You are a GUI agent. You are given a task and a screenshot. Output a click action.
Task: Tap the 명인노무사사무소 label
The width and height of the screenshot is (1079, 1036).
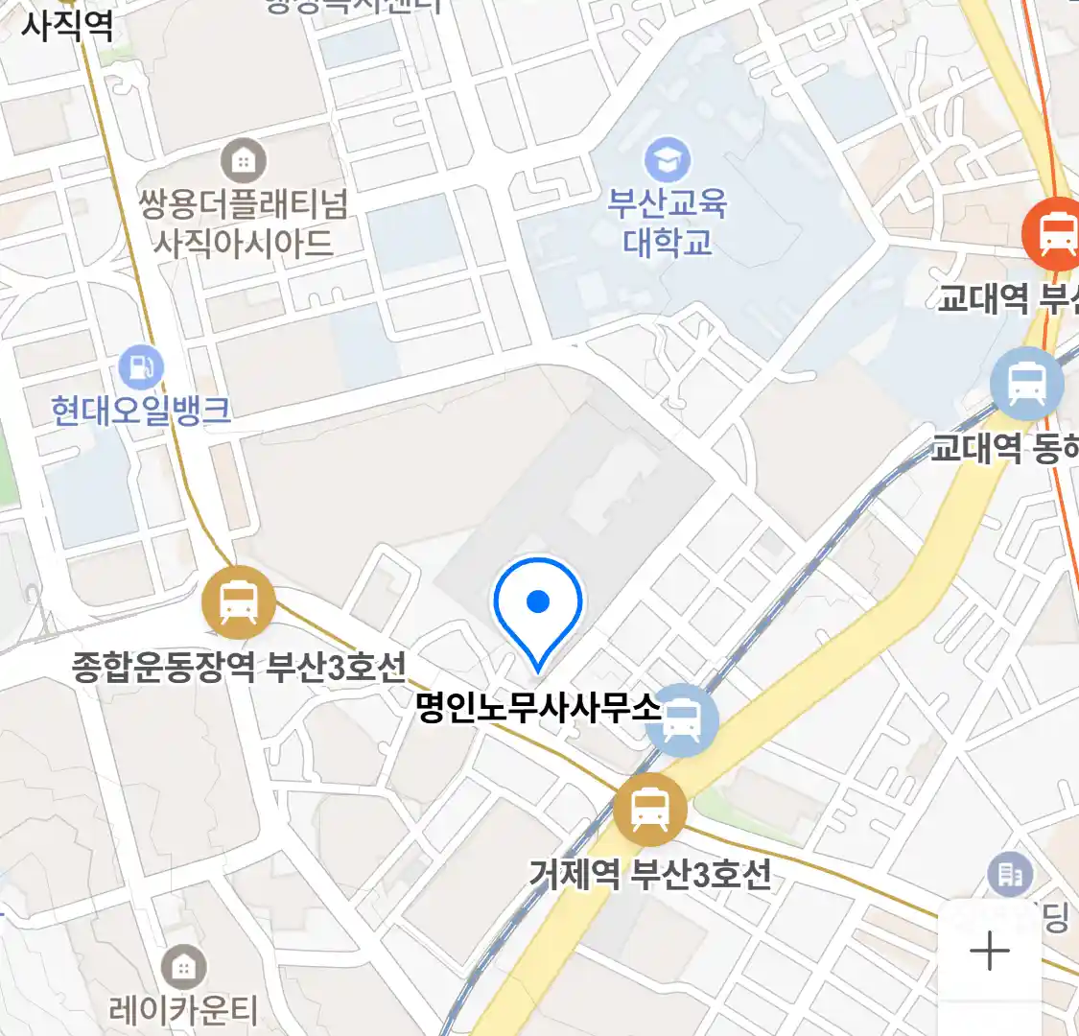tap(539, 708)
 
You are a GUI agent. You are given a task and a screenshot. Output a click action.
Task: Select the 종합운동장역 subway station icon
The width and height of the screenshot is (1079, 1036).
tap(239, 603)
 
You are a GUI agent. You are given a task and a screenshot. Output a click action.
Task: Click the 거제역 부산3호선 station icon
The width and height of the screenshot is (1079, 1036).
tap(651, 809)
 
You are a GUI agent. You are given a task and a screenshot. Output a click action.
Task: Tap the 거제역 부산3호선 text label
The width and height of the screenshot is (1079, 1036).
tap(650, 874)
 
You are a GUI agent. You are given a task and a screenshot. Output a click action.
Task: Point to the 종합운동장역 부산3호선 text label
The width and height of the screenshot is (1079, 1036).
tap(240, 666)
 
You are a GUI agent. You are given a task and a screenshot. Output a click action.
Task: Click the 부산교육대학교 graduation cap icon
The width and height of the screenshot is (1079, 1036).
tap(668, 159)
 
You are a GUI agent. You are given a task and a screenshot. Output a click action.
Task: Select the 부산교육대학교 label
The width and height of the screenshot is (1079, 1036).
tap(668, 223)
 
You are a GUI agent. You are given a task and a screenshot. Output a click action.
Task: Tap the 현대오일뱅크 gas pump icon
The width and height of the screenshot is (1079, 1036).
tap(141, 366)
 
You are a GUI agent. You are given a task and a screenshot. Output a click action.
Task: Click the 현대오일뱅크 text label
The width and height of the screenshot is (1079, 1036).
tap(141, 411)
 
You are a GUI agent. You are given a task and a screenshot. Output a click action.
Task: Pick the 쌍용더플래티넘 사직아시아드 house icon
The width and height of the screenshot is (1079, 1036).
tap(244, 161)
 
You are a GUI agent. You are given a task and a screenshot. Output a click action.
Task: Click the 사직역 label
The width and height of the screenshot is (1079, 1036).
tap(67, 24)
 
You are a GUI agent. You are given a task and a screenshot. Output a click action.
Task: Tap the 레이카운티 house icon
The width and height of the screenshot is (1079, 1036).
tap(183, 967)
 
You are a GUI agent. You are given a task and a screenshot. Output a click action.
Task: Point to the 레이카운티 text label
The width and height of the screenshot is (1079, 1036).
tap(183, 1009)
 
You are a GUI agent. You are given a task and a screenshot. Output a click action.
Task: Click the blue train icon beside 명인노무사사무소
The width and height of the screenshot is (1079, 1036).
tap(681, 719)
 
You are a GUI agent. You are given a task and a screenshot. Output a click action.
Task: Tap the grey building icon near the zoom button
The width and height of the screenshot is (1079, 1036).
tap(1010, 874)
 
